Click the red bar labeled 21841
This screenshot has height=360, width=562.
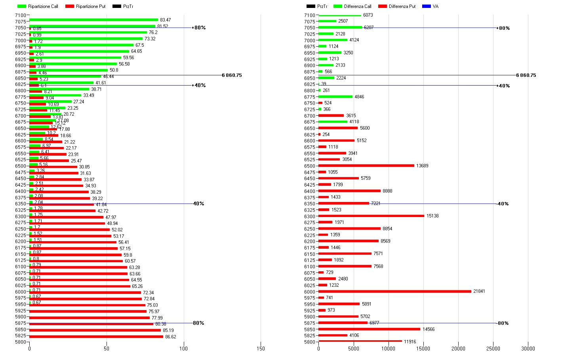pyautogui.click(x=395, y=291)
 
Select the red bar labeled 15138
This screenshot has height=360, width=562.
pyautogui.click(x=371, y=216)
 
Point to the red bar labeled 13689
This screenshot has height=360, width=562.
pyautogui.click(x=366, y=166)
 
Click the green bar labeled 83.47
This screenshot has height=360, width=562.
pyautogui.click(x=93, y=20)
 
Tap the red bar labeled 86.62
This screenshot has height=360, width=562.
pyautogui.click(x=96, y=337)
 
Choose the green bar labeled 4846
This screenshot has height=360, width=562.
pyautogui.click(x=335, y=97)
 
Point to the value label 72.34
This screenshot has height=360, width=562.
pyautogui.click(x=149, y=293)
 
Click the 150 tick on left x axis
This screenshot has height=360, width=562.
pyautogui.click(x=261, y=349)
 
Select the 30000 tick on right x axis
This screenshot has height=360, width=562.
pyautogui.click(x=528, y=349)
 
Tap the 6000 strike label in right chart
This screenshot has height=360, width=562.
pyautogui.click(x=310, y=292)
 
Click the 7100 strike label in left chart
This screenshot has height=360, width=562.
pyautogui.click(x=21, y=15)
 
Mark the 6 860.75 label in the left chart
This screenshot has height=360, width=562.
pyautogui.click(x=232, y=75)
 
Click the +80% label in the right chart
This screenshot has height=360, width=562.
pyautogui.click(x=503, y=28)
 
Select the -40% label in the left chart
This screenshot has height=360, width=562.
pyautogui.click(x=198, y=204)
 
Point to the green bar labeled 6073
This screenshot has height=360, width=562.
pyautogui.click(x=340, y=15)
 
